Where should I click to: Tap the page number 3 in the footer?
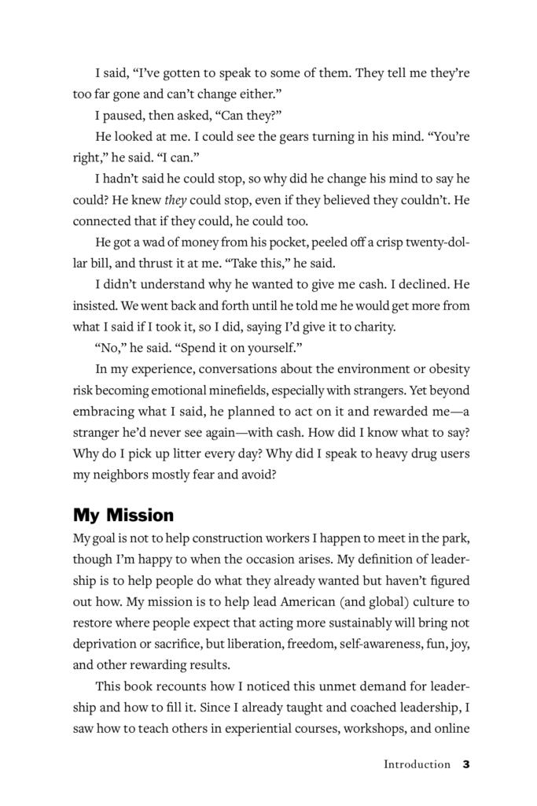click(466, 764)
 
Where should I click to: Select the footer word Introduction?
click(417, 764)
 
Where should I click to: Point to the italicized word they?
click(175, 201)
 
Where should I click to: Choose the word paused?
click(134, 116)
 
